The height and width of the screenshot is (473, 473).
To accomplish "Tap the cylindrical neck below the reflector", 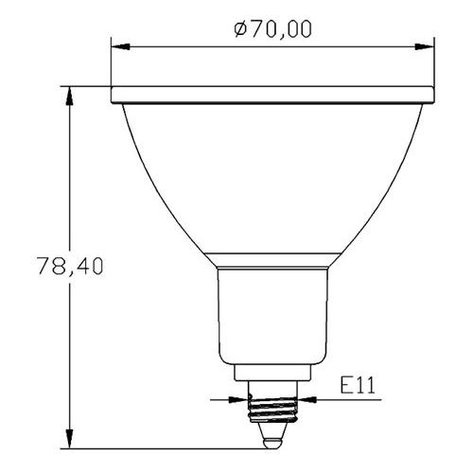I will (273, 312).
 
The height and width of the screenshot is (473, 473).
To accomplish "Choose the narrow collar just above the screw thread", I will (273, 376).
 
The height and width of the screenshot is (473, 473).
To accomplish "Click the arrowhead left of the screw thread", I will (242, 399).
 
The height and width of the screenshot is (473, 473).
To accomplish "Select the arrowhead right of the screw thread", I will (306, 399).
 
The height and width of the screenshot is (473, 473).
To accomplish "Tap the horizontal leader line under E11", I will (350, 399).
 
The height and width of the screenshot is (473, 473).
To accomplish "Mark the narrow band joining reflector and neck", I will (273, 259).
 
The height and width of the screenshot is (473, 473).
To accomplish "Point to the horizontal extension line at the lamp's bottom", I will (161, 447).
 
